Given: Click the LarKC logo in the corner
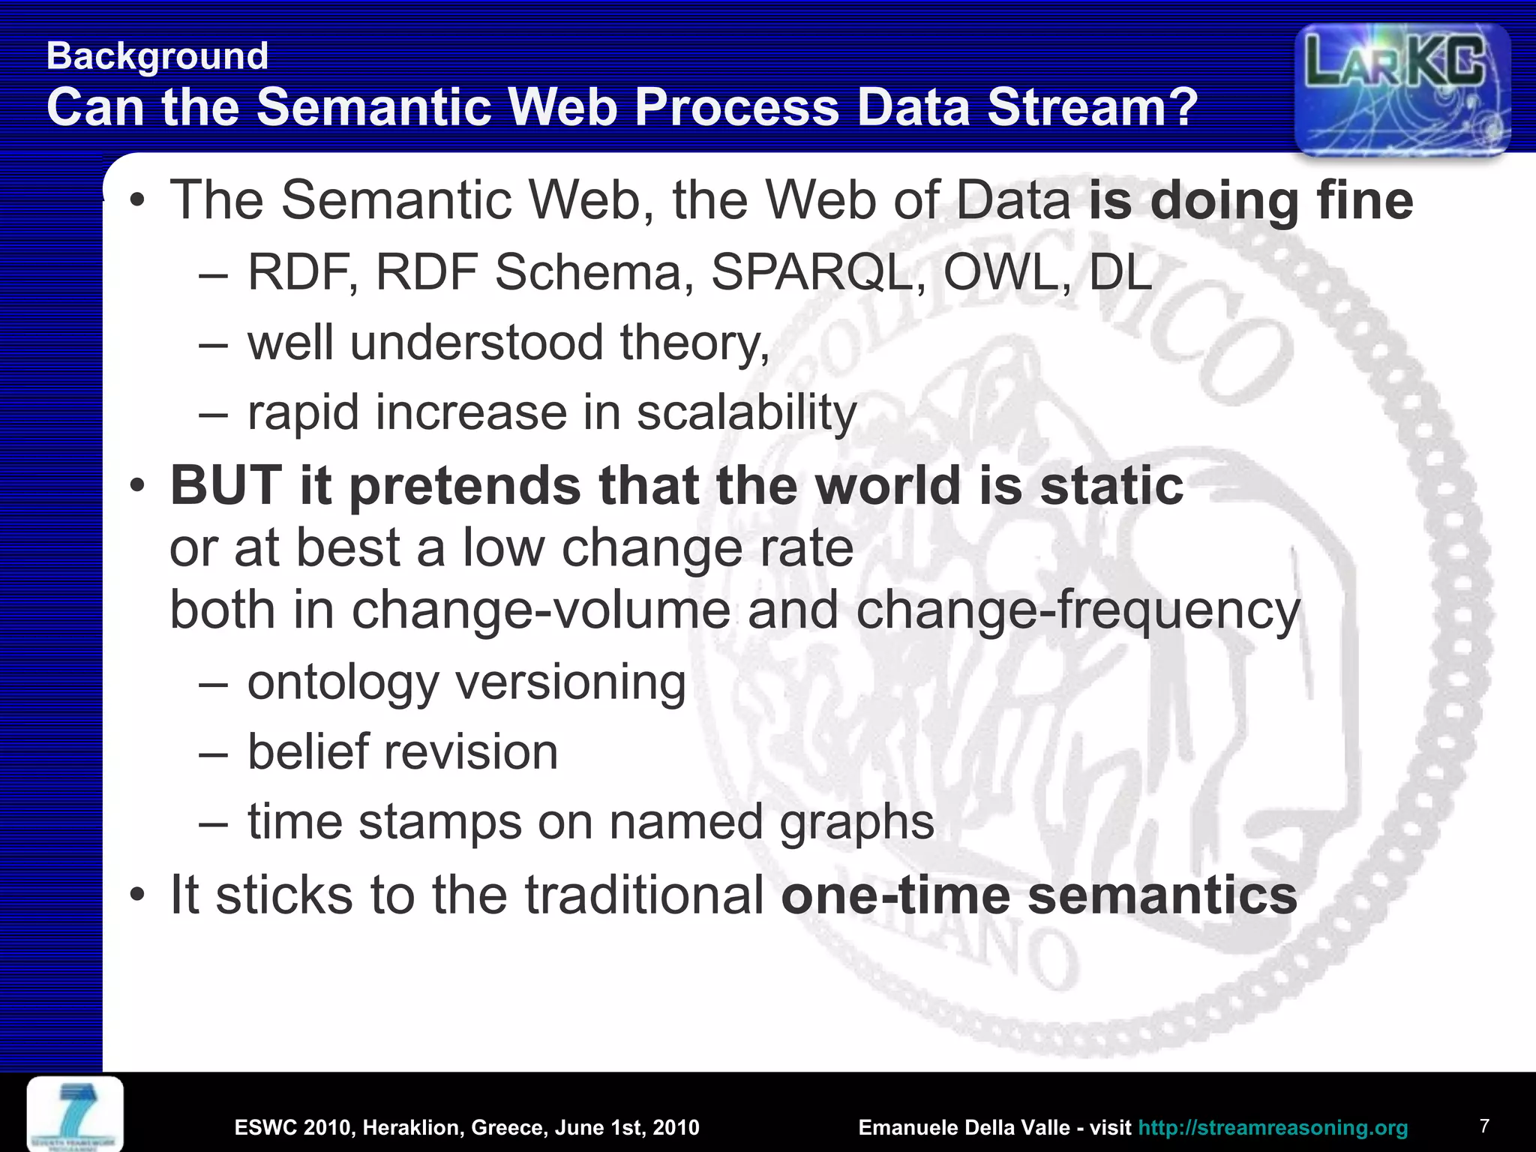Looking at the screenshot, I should click(x=1402, y=88).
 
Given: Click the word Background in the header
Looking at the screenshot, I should click(x=157, y=56).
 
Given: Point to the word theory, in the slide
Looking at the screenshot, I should click(x=694, y=343).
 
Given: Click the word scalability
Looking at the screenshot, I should click(x=746, y=413).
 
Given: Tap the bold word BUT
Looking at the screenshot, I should click(x=226, y=485).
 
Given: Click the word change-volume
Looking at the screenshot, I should click(x=541, y=609).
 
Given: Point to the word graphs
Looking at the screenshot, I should click(x=856, y=822).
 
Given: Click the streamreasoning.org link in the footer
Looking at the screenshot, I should click(x=1273, y=1127).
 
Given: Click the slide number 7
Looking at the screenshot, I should click(x=1484, y=1126).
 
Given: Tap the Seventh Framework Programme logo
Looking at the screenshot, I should click(x=75, y=1114).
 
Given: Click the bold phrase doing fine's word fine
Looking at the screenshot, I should click(x=1364, y=201).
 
